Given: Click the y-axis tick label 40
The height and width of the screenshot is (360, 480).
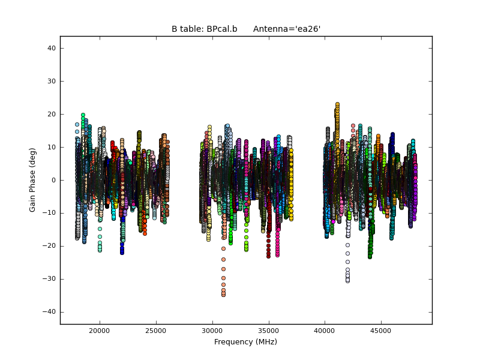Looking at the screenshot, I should (x=52, y=48).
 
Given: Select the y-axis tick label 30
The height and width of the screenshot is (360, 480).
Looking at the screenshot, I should (x=52, y=81).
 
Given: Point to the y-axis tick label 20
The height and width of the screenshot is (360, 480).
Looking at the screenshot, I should (x=52, y=114).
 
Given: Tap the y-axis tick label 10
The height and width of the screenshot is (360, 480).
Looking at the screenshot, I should (x=52, y=147).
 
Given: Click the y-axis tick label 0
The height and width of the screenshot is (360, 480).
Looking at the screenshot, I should (x=53, y=180).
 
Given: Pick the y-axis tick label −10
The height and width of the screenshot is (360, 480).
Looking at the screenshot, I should (x=50, y=213).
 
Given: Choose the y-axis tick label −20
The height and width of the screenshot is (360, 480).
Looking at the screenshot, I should (x=50, y=246).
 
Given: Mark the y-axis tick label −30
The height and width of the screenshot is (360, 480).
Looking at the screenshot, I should (x=50, y=279).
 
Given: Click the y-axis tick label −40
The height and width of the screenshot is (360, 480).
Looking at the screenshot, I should (x=50, y=312).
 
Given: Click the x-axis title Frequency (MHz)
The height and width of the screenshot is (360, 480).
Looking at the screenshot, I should (x=245, y=342).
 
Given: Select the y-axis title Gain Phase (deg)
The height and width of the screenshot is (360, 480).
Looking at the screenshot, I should (x=33, y=180).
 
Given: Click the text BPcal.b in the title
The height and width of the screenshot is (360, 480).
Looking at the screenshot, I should (x=221, y=29).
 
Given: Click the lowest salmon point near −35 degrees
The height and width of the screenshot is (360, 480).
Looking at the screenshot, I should (x=223, y=295).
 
